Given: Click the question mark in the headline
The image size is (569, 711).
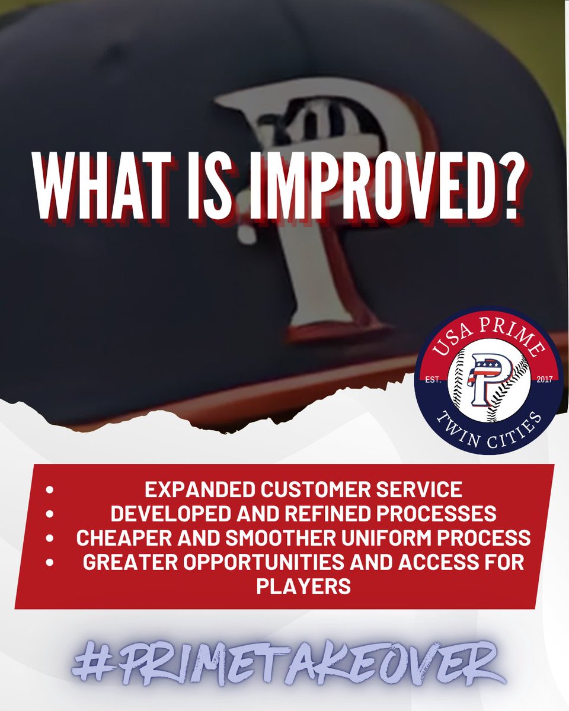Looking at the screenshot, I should (x=504, y=185).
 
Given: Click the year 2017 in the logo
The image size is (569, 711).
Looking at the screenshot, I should (x=542, y=380).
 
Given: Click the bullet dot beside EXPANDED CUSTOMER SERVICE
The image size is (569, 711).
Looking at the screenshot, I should (x=50, y=491).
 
